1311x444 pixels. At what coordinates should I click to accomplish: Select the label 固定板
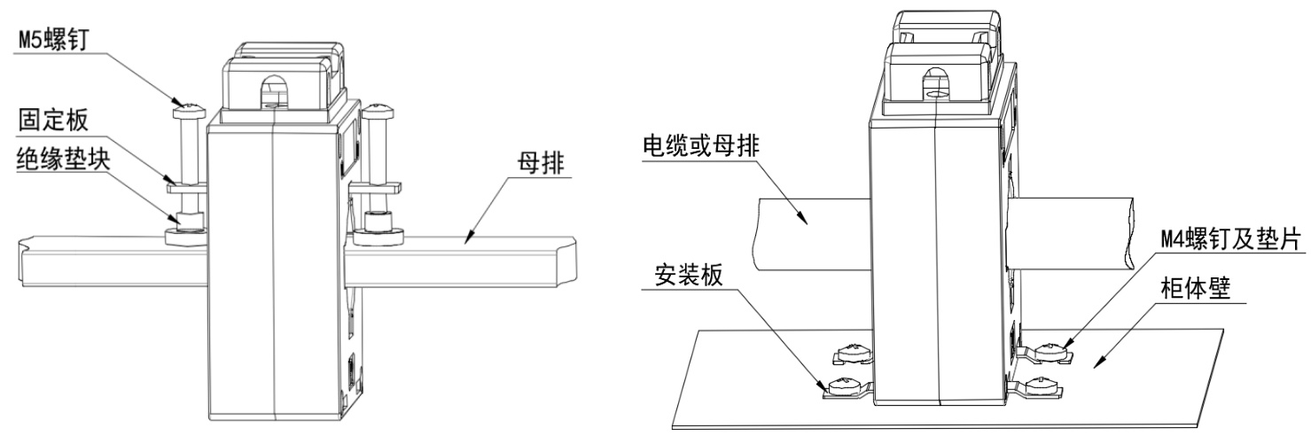[x=53, y=120]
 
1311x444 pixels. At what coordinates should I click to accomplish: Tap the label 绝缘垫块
[x=64, y=159]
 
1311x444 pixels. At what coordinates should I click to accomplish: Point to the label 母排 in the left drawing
[x=542, y=163]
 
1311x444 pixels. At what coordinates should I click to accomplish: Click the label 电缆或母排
[x=701, y=145]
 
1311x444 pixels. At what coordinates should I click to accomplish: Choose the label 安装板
[x=689, y=275]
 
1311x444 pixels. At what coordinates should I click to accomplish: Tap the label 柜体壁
[x=1196, y=289]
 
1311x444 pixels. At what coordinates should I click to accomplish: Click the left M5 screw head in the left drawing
[x=189, y=109]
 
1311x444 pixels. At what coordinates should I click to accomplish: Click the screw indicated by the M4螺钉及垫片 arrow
[x=1052, y=352]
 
